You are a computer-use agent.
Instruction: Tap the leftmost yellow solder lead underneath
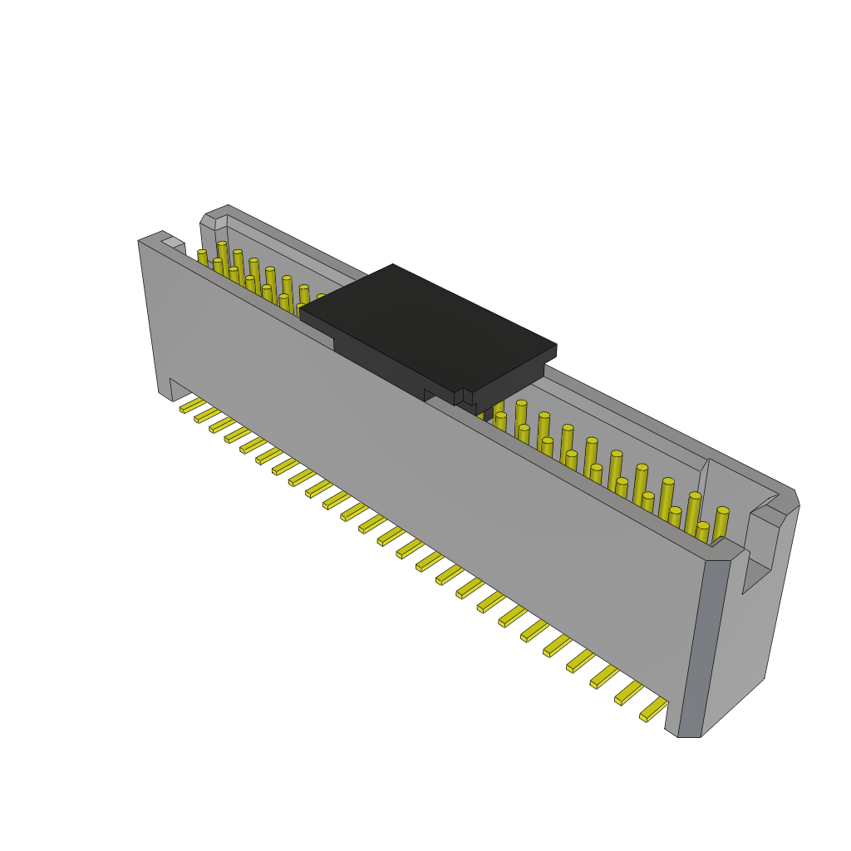[x=192, y=405]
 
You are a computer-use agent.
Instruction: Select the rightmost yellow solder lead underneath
[x=654, y=710]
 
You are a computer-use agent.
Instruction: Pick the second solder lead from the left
[x=207, y=415]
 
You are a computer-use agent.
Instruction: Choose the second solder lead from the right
[x=629, y=692]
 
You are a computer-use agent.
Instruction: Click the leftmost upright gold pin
[x=202, y=257]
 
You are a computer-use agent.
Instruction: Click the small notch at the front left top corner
[x=173, y=243]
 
